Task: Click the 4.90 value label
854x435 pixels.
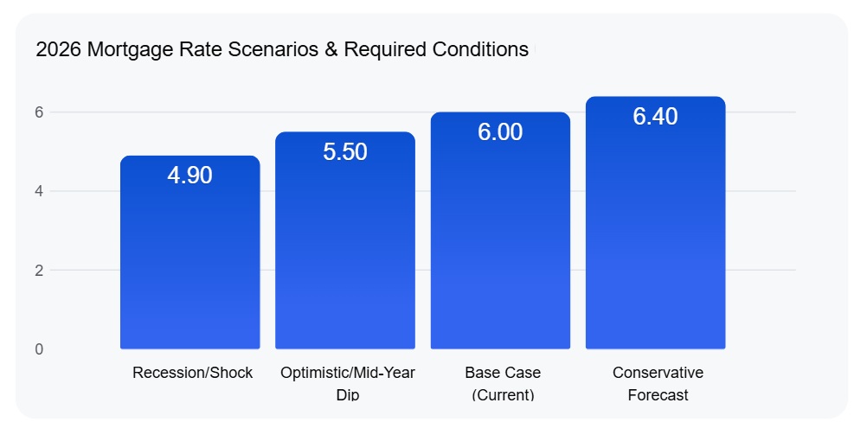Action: (x=189, y=176)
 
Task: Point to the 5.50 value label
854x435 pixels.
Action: (x=345, y=152)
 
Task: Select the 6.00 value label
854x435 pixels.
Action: (x=500, y=132)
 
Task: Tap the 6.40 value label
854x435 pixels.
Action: (x=655, y=117)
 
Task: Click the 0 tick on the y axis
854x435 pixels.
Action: (x=39, y=349)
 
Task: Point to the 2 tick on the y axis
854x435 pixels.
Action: (x=39, y=270)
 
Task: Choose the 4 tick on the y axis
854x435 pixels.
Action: (x=39, y=191)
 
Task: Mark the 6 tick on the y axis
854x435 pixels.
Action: (x=39, y=112)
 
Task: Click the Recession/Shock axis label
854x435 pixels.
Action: (x=192, y=373)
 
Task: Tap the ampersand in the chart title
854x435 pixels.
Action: (x=331, y=49)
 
